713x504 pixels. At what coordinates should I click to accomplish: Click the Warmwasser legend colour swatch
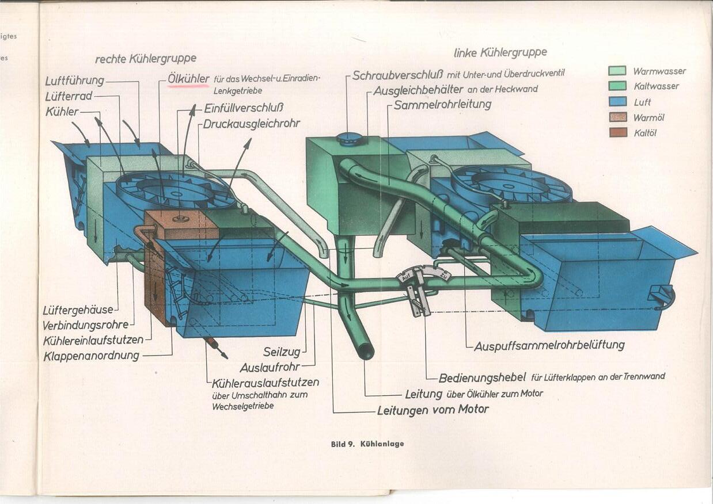point(617,71)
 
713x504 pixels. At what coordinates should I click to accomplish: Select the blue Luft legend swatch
point(617,102)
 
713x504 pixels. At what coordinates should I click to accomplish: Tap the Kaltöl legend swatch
point(617,133)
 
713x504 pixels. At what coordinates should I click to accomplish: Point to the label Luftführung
point(74,81)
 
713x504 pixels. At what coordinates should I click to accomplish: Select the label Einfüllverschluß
point(244,108)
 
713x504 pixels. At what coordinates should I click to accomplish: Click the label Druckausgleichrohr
point(252,124)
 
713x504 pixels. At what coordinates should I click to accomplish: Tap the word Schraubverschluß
point(398,75)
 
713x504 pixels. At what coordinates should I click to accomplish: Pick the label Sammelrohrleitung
point(442,105)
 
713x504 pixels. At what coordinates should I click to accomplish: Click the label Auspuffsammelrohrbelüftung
point(549,346)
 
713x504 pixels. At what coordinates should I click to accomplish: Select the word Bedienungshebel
point(482,378)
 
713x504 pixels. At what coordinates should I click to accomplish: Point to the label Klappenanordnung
point(91,356)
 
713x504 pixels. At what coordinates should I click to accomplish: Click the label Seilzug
point(282,352)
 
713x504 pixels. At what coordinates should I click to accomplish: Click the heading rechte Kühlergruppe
point(146,58)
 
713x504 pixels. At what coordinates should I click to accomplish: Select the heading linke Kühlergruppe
point(500,52)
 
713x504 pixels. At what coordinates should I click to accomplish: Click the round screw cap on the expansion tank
point(350,139)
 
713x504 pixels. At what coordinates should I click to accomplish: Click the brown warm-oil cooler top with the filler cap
point(181,224)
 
